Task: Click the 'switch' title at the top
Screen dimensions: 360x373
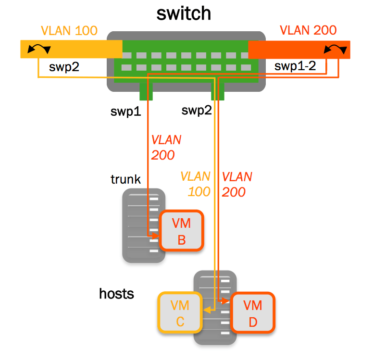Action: (184, 13)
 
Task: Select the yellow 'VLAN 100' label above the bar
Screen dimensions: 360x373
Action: (69, 31)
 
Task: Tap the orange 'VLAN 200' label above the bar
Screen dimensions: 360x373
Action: (308, 31)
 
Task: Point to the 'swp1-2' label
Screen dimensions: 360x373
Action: (295, 66)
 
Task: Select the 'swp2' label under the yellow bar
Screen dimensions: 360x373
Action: (64, 66)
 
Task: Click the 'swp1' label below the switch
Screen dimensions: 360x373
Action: (125, 112)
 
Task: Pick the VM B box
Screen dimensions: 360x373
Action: (182, 231)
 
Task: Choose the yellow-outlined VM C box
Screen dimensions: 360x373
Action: (180, 313)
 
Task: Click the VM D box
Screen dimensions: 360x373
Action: (253, 313)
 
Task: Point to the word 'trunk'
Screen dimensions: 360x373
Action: (125, 179)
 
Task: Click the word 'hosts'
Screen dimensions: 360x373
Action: (116, 293)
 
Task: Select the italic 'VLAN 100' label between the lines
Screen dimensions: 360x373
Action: (196, 184)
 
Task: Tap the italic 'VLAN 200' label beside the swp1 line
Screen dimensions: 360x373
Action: (166, 148)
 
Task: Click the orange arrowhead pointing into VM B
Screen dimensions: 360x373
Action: (155, 236)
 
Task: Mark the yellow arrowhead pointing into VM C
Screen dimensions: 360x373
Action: (206, 310)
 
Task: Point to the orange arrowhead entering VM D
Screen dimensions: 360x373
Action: (225, 301)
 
